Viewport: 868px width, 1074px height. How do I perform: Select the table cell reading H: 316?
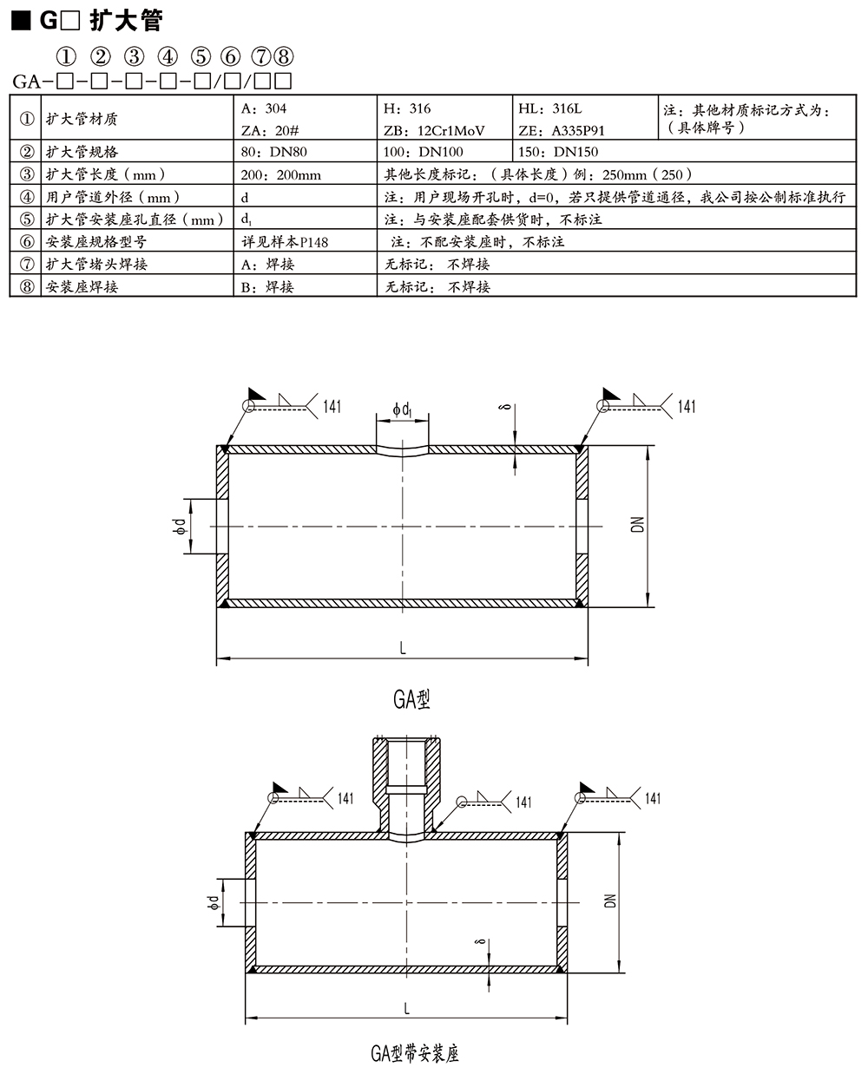click(x=407, y=108)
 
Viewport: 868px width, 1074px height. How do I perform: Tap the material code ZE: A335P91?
click(x=561, y=131)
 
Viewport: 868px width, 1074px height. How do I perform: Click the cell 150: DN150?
click(x=558, y=152)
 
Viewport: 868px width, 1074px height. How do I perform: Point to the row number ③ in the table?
click(x=26, y=174)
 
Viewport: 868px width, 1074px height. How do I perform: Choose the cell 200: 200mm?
click(x=280, y=174)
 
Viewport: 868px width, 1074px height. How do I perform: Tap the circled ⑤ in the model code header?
click(x=201, y=57)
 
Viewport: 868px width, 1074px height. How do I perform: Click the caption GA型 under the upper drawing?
click(x=411, y=699)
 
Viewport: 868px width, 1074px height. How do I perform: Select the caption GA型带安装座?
click(x=415, y=1053)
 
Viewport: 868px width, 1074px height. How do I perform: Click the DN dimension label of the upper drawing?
click(x=638, y=524)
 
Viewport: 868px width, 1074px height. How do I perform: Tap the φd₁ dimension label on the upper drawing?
click(x=402, y=408)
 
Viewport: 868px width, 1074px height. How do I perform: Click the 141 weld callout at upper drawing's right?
click(x=687, y=407)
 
